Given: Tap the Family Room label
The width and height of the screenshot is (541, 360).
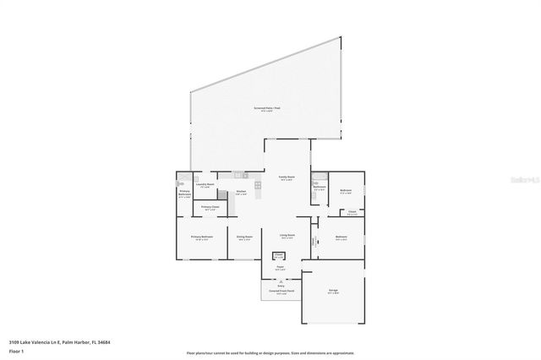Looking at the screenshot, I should point(286,177).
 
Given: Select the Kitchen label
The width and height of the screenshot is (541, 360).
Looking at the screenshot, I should point(241,192).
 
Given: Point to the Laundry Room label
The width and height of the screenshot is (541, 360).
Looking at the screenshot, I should point(205,185).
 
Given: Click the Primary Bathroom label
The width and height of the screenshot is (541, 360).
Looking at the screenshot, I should point(184,194).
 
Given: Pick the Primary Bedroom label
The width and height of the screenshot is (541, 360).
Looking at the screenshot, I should point(201,237).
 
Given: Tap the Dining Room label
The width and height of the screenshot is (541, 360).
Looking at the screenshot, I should point(245,237).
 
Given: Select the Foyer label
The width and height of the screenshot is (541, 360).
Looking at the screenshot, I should point(279,268).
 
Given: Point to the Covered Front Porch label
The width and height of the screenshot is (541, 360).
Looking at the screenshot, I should point(279,291).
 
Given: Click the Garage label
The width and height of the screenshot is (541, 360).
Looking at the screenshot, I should point(333,291).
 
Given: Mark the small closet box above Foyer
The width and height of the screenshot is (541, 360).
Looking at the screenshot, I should point(278,255).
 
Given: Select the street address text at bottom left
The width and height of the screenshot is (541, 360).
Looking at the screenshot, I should point(59,342).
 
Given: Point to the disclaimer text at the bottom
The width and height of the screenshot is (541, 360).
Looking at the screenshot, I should point(270,353).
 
